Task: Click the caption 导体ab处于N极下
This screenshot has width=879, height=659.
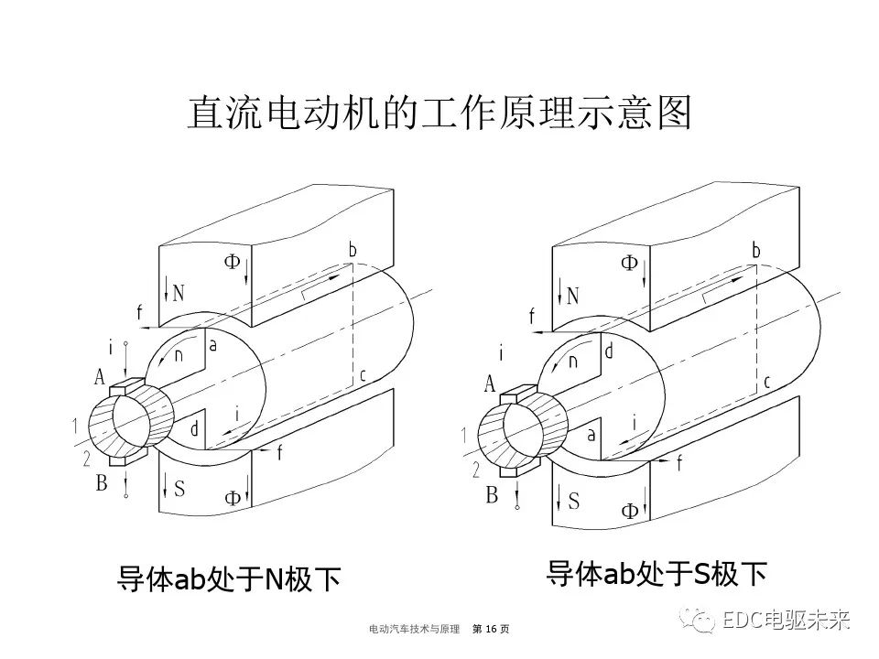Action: tap(229, 578)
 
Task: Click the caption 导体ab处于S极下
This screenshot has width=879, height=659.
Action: tap(656, 573)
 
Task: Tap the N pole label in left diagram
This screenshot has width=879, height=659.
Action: tap(178, 293)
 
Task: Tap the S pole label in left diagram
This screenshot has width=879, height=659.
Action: tap(179, 489)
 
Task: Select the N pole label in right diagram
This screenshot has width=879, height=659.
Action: tap(573, 296)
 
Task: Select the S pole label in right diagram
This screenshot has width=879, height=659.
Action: tap(574, 501)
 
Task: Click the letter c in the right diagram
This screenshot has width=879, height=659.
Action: tap(766, 382)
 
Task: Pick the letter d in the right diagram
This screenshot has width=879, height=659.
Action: tap(608, 350)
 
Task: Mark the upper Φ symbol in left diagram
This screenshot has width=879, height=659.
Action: tap(232, 261)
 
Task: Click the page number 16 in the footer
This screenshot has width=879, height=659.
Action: tap(490, 629)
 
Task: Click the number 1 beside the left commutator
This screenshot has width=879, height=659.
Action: tap(73, 425)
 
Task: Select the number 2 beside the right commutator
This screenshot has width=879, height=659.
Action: tap(474, 470)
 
